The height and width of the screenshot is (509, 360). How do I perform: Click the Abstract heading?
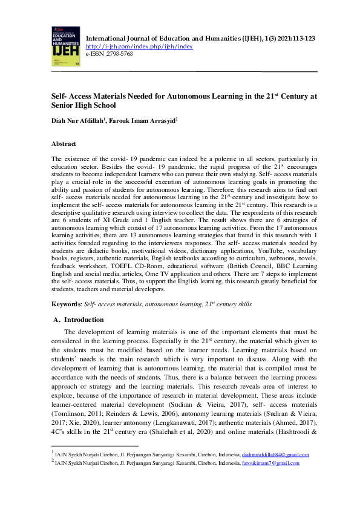64,144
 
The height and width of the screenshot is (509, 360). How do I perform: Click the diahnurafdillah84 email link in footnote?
275,454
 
